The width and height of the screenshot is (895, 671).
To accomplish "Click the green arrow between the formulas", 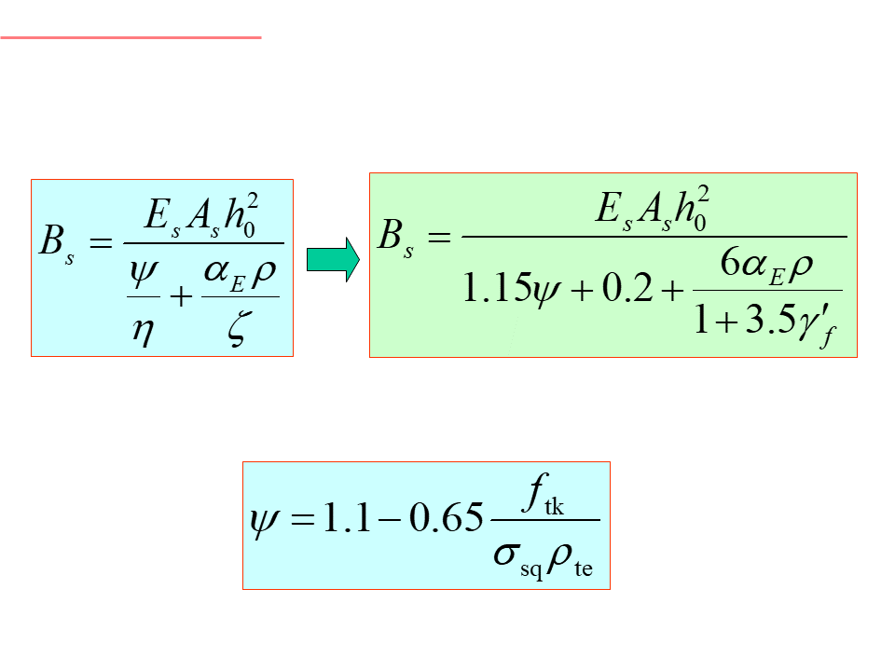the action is [332, 258].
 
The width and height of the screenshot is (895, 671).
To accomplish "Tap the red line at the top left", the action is [131, 38].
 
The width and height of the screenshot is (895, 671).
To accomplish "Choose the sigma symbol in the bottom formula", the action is [506, 556].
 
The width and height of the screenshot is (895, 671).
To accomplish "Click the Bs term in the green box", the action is [395, 238].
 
